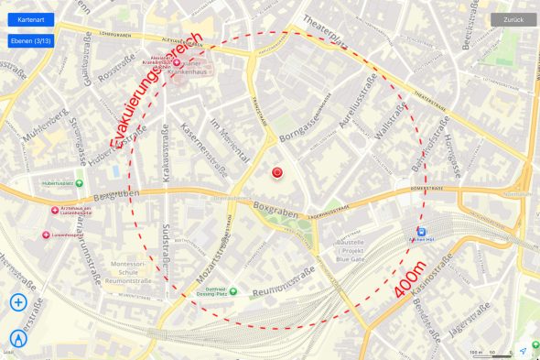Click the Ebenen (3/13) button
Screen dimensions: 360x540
click(31, 41)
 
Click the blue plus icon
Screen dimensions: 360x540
click(19, 302)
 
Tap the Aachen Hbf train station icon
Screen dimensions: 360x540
click(421, 233)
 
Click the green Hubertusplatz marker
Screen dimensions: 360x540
click(79, 183)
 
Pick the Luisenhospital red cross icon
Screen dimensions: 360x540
click(47, 235)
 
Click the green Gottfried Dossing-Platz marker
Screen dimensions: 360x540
click(232, 291)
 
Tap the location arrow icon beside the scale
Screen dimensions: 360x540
click(523, 351)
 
